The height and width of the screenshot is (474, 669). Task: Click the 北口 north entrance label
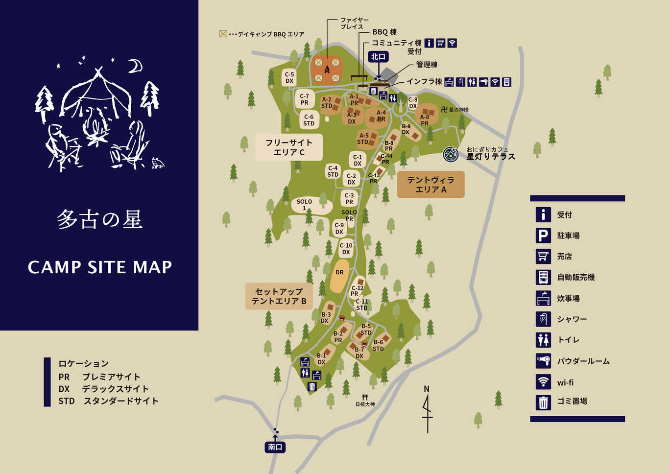point(378,57)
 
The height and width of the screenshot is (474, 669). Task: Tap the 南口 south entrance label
point(275,447)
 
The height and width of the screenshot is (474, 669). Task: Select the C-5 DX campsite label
point(289,78)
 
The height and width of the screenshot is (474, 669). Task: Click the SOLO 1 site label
point(304,205)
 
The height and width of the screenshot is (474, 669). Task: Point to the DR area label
point(339,273)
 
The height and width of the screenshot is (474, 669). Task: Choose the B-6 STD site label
point(378,346)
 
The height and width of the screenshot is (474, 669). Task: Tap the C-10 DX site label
point(346,249)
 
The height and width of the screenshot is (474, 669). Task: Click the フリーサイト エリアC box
point(288,147)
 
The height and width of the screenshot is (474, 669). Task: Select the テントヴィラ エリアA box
point(430,185)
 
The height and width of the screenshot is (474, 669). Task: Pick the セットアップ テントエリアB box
point(279,296)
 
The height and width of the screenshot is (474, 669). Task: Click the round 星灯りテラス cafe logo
point(451,154)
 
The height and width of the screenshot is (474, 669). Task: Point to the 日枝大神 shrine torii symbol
point(365,397)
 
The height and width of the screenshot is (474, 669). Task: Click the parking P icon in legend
point(543,236)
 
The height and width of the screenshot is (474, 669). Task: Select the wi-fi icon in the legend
point(543,382)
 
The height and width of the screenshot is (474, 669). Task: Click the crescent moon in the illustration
point(135,66)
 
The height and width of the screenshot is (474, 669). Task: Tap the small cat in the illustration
point(157,163)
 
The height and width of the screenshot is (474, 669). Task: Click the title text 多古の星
point(99,219)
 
